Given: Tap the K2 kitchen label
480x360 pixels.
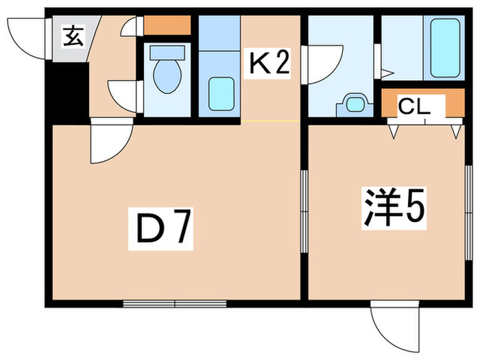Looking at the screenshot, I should (269, 65).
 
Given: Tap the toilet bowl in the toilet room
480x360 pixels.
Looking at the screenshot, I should (167, 78).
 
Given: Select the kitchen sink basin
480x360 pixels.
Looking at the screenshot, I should (220, 93).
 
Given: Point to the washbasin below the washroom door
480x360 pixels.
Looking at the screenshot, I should (354, 104).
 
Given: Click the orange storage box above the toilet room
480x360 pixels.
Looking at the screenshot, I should (167, 25).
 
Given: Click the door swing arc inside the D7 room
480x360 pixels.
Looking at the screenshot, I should (110, 144).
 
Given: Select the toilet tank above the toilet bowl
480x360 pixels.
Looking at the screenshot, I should (167, 52).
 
